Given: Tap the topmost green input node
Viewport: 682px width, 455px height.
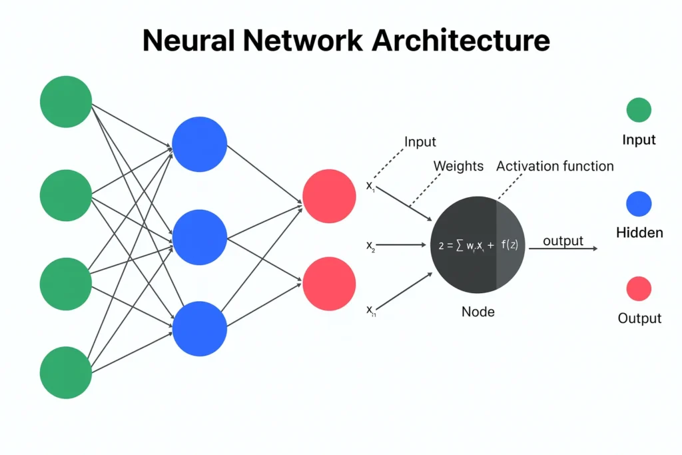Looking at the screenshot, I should (x=65, y=101).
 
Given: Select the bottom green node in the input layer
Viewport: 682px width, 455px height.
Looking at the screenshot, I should (x=65, y=372).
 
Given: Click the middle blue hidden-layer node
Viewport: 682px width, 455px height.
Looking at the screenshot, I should (x=199, y=236).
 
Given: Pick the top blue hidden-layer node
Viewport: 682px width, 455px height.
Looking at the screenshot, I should (x=199, y=143).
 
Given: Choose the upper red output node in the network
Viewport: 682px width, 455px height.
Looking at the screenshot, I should (x=329, y=196).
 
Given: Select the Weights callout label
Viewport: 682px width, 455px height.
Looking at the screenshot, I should (x=458, y=166).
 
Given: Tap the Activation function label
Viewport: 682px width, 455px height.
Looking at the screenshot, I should (x=555, y=166).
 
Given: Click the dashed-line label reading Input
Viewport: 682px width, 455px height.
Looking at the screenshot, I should (x=420, y=141).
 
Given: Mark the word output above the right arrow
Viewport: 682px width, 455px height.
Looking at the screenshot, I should (x=563, y=240).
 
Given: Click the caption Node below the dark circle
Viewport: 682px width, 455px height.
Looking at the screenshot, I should (x=478, y=311).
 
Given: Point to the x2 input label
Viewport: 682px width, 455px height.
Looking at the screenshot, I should (x=371, y=246).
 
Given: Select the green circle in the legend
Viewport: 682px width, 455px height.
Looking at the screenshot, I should (x=639, y=110).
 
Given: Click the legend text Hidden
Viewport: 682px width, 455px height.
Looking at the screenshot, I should (x=639, y=232).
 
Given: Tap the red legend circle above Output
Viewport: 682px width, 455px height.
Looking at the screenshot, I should (x=639, y=289).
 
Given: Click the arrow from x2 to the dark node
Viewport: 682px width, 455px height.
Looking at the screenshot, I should (x=402, y=245).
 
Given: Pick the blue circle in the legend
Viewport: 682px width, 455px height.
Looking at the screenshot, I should (x=639, y=203).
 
